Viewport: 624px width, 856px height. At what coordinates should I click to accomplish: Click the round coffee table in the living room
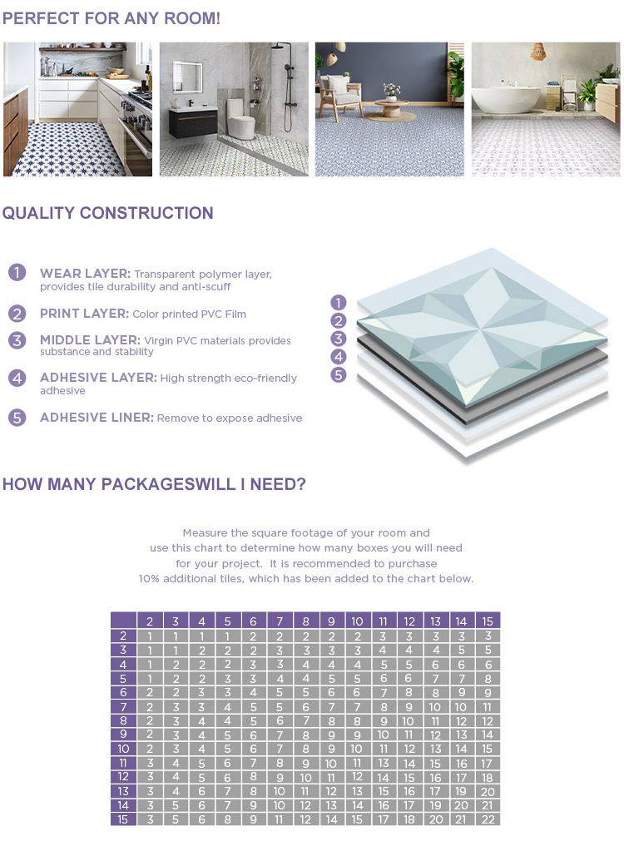point(390,106)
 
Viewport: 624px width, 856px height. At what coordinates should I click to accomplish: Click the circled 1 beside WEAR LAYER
point(17,273)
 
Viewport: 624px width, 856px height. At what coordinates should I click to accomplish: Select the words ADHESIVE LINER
point(97,418)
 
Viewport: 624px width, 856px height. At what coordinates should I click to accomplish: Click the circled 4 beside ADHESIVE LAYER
point(17,378)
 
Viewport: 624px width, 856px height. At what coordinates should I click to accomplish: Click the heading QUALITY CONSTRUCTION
point(107,213)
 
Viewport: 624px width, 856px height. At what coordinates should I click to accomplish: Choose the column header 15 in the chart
point(488,621)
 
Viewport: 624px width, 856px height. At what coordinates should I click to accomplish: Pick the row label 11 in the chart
point(123,762)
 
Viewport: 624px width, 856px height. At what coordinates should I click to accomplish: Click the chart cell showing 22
point(488,819)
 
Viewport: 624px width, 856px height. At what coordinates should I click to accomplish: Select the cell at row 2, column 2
point(150,636)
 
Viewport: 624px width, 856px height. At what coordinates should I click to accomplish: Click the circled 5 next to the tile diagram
point(338,374)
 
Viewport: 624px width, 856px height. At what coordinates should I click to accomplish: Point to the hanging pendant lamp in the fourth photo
point(538,52)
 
